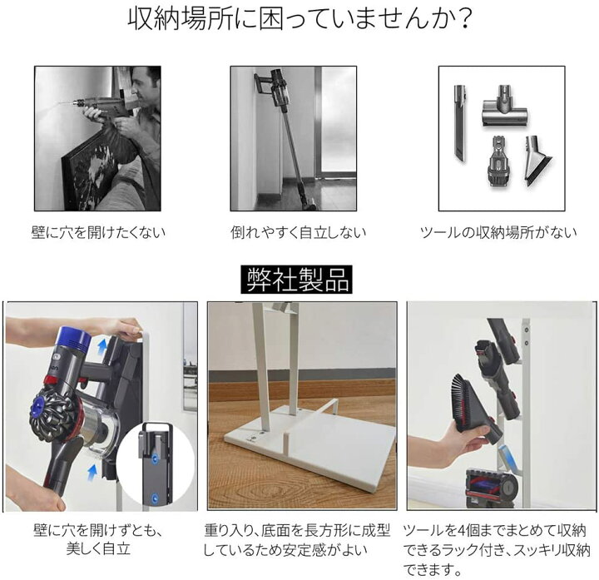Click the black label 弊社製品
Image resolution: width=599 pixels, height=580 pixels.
(297, 279)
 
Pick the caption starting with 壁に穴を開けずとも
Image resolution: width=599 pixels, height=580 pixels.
(97, 531)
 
